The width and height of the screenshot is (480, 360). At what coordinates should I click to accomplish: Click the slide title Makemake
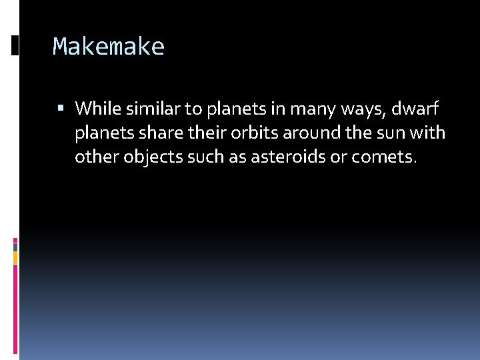108,47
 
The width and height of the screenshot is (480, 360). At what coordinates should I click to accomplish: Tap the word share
160,133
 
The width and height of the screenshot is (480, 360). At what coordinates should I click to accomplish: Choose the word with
428,133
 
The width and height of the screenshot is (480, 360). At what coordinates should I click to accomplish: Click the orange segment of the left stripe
15,257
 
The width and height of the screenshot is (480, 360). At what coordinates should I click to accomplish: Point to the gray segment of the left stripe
15,246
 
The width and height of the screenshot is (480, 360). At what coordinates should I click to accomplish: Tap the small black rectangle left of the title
15,45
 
